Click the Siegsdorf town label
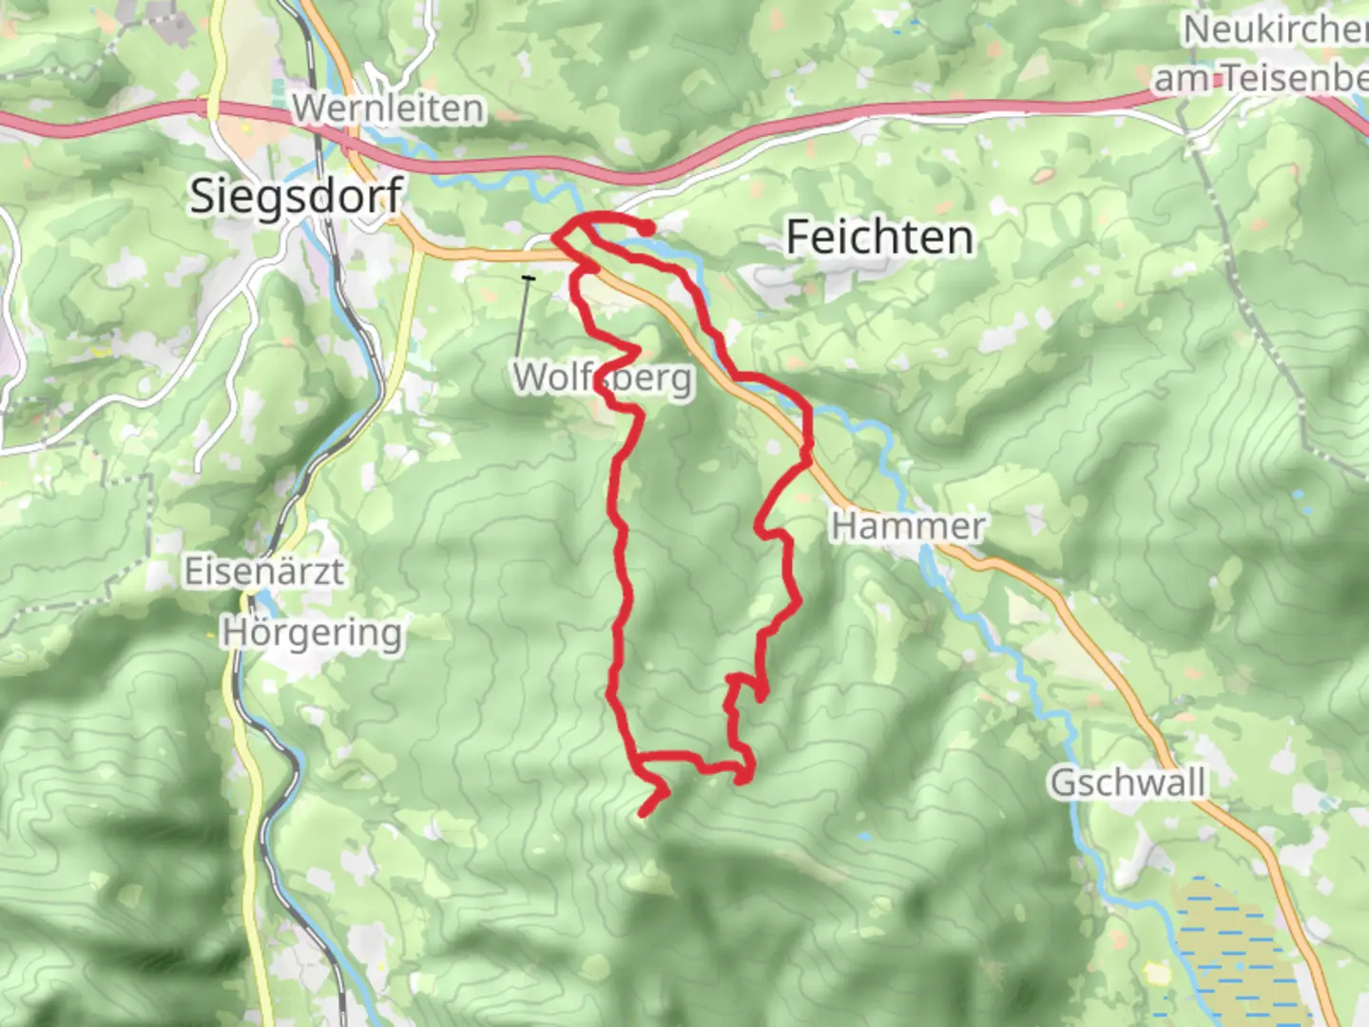click(x=296, y=197)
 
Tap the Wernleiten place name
click(x=388, y=108)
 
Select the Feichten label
click(x=879, y=237)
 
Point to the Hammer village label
click(x=908, y=526)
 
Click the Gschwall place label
click(x=1128, y=784)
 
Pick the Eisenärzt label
click(x=263, y=572)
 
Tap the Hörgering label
click(x=312, y=632)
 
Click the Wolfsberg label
click(x=603, y=378)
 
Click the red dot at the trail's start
click(x=646, y=227)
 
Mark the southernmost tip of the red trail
click(x=644, y=813)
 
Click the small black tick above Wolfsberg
click(x=528, y=278)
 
